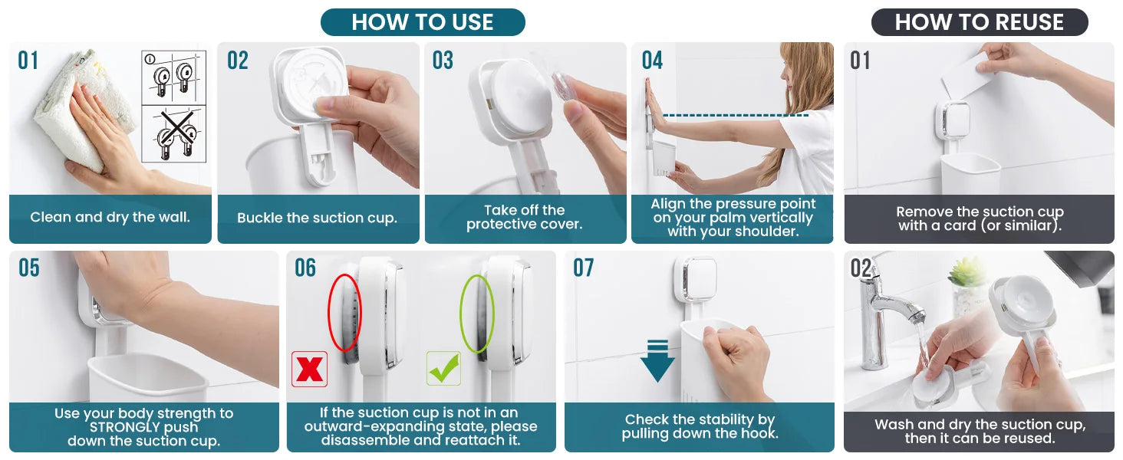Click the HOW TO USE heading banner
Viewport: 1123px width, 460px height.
pyautogui.click(x=423, y=22)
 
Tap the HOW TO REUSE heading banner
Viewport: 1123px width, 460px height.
pyautogui.click(x=979, y=22)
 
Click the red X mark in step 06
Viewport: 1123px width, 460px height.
pyautogui.click(x=309, y=370)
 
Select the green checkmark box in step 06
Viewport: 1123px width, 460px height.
pyautogui.click(x=443, y=368)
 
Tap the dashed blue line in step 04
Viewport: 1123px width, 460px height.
pyautogui.click(x=736, y=115)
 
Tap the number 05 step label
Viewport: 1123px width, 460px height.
pyautogui.click(x=29, y=268)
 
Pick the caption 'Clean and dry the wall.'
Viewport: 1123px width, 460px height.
pyautogui.click(x=110, y=218)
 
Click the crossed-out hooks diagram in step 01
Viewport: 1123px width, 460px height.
pyautogui.click(x=174, y=134)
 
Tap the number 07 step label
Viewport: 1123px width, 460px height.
pyautogui.click(x=584, y=268)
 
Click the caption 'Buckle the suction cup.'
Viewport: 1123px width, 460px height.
pyautogui.click(x=318, y=218)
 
